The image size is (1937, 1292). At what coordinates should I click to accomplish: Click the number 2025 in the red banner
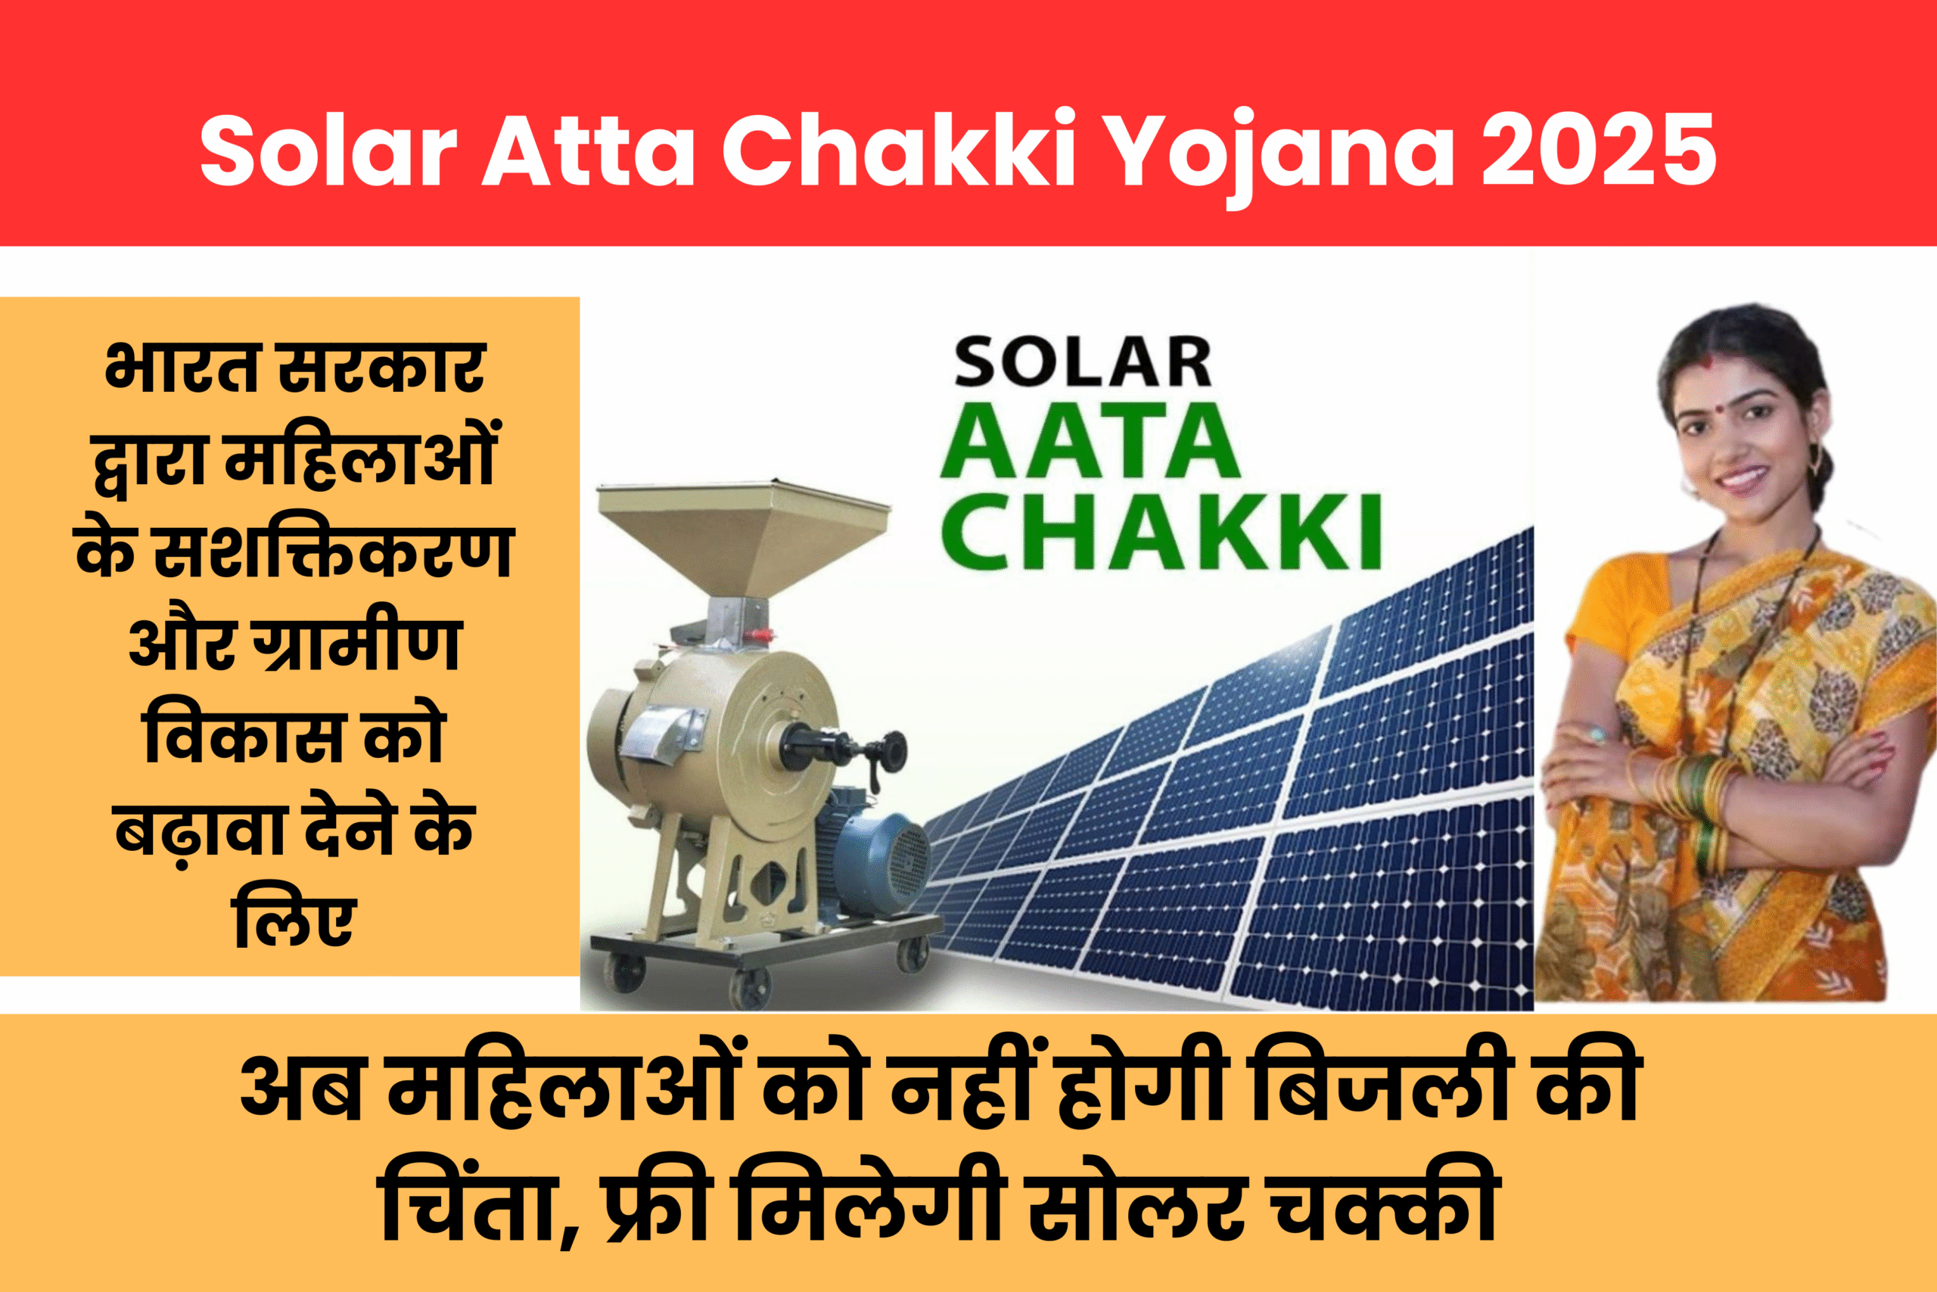pyautogui.click(x=1599, y=151)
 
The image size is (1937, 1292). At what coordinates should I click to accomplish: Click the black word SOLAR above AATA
pyautogui.click(x=1082, y=362)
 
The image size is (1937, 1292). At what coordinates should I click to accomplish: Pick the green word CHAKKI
pyautogui.click(x=1161, y=532)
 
